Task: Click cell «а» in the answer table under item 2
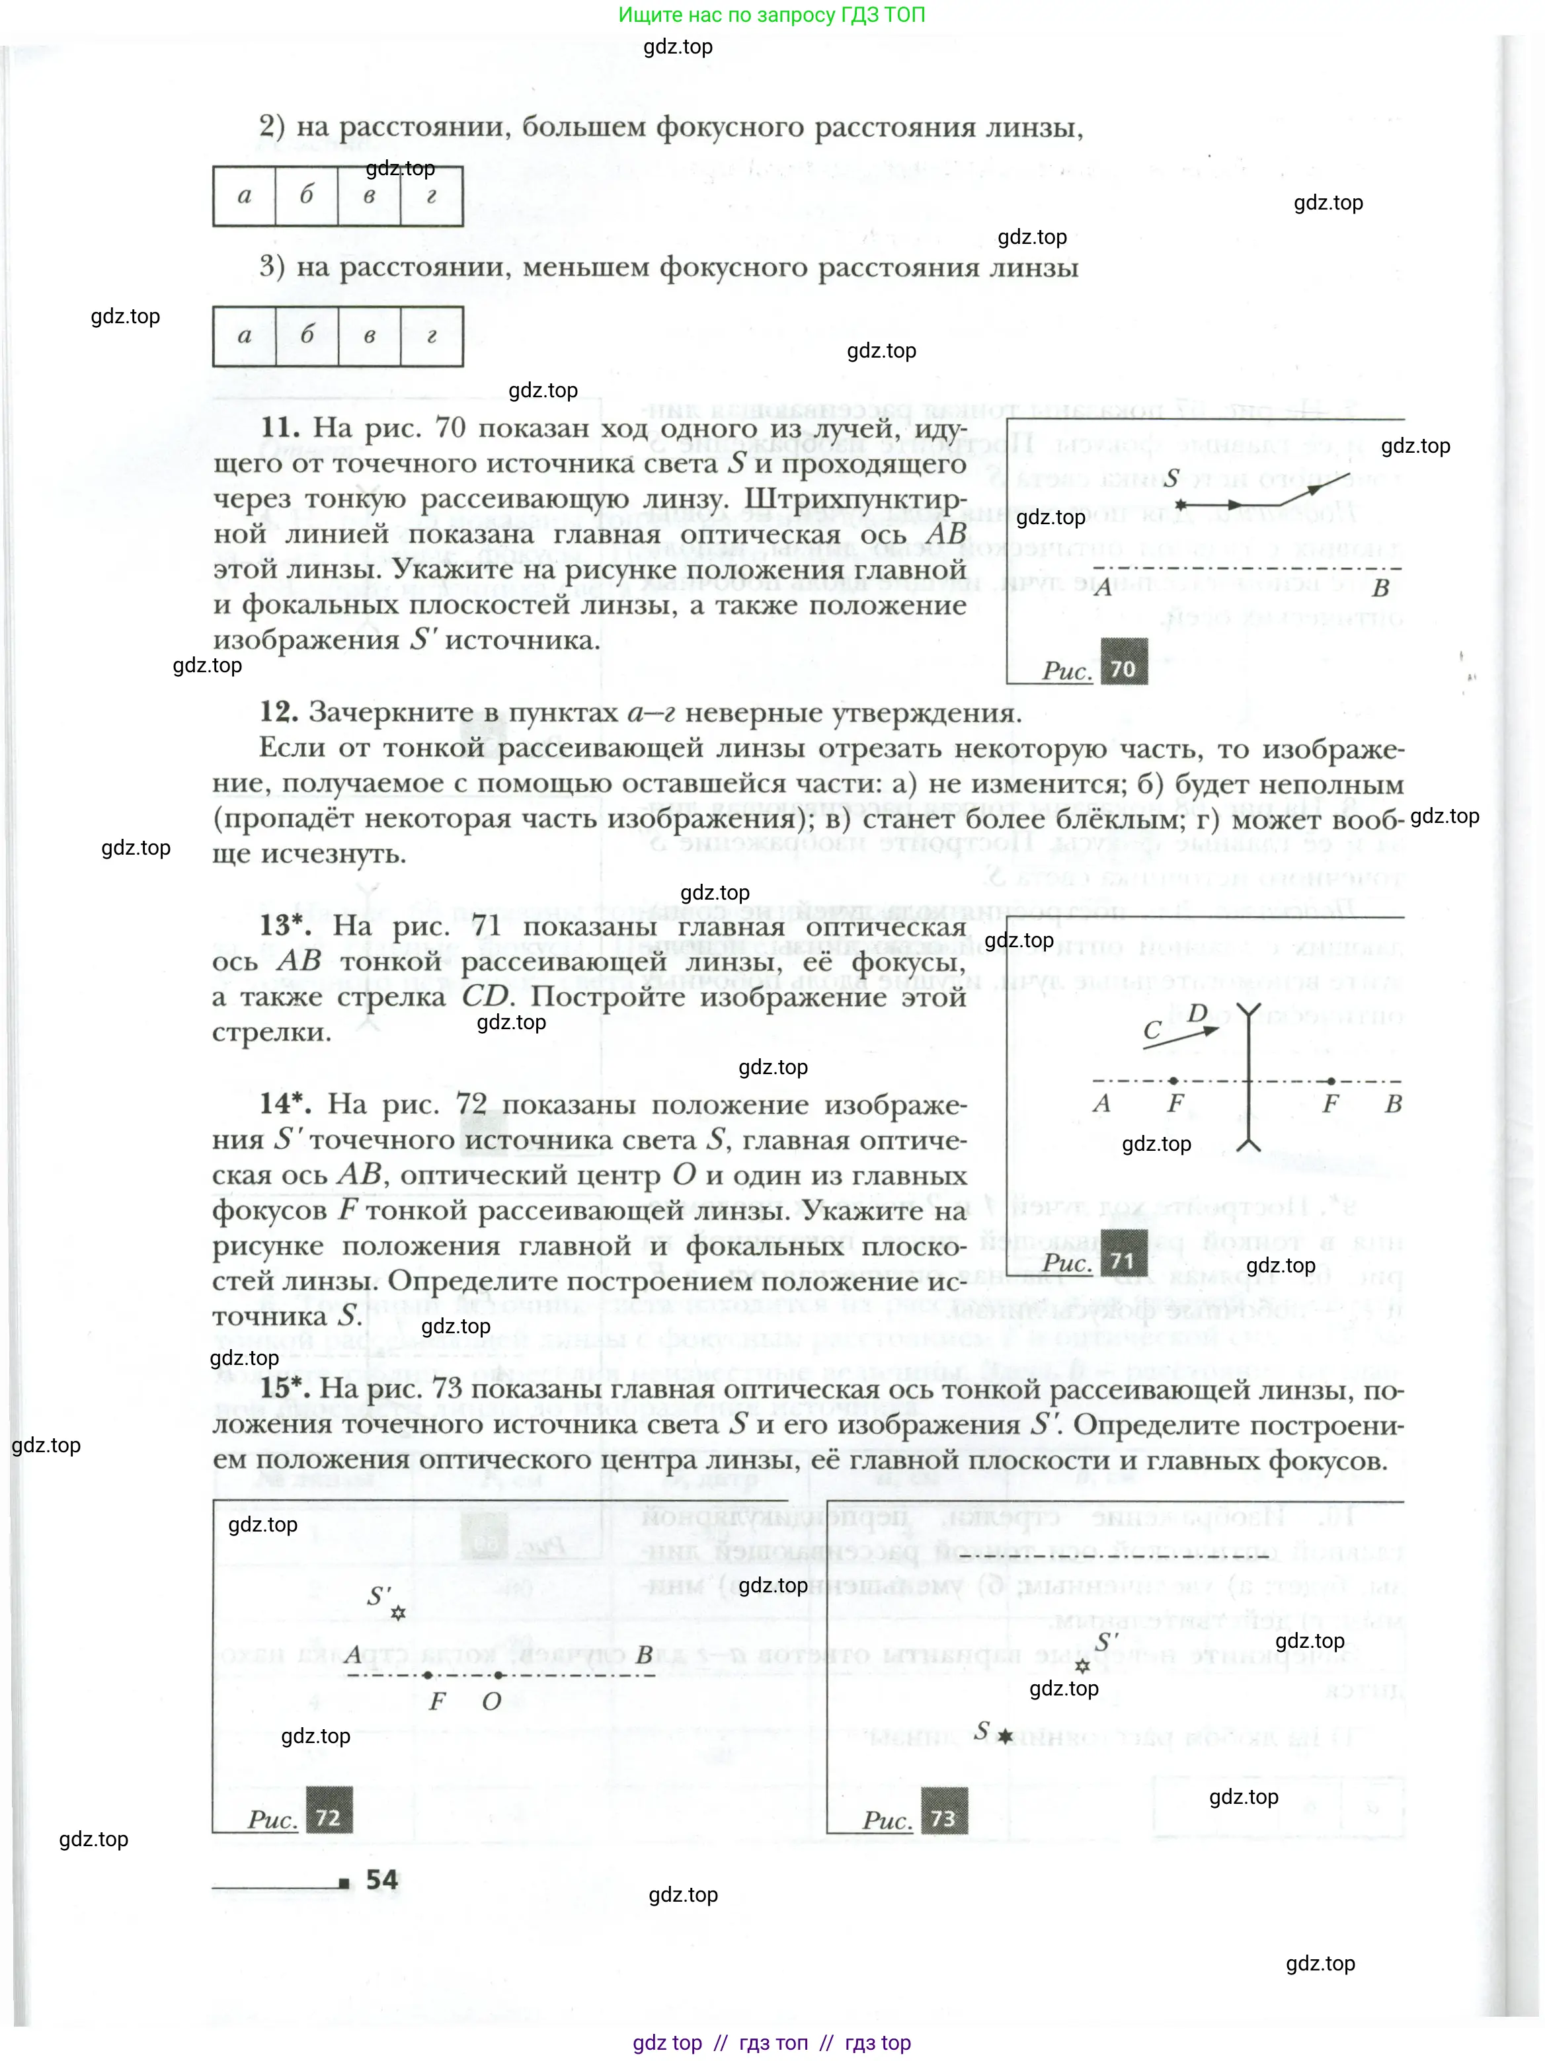pyautogui.click(x=244, y=196)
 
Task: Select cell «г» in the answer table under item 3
pyautogui.click(x=432, y=336)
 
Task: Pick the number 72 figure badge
pyautogui.click(x=328, y=1818)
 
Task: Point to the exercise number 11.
pyautogui.click(x=280, y=428)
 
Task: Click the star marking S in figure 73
pyautogui.click(x=1006, y=1736)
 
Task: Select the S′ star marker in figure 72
pyautogui.click(x=398, y=1613)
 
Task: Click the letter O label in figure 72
pyautogui.click(x=491, y=1701)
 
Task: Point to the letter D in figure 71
pyautogui.click(x=1199, y=1013)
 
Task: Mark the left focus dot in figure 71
pyautogui.click(x=1172, y=1081)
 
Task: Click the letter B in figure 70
pyautogui.click(x=1381, y=588)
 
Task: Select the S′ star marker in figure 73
pyautogui.click(x=1082, y=1665)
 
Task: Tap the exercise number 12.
pyautogui.click(x=278, y=712)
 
